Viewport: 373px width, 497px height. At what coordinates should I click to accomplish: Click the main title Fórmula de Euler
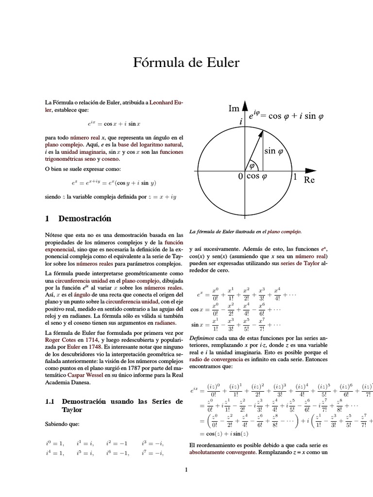coord(186,63)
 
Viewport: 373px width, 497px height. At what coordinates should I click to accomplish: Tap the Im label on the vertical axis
coord(234,109)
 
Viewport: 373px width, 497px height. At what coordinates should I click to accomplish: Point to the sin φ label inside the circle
coord(277,151)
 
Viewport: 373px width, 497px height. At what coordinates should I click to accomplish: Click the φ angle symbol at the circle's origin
coord(252,166)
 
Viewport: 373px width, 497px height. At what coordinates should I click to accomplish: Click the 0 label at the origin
coord(240,177)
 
